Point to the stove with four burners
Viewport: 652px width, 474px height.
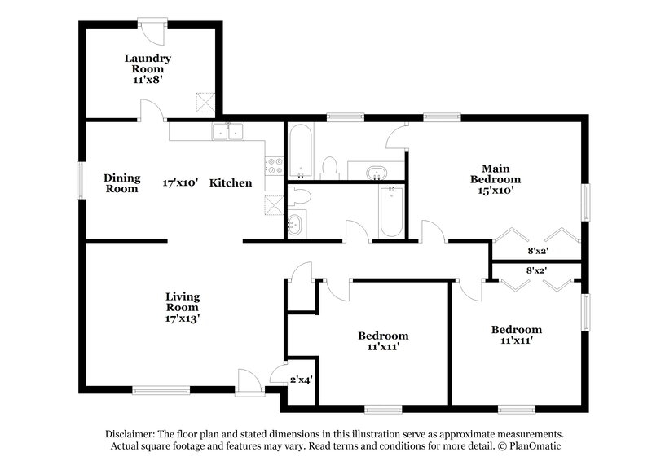[x=276, y=165]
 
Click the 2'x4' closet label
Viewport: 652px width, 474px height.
[x=301, y=379]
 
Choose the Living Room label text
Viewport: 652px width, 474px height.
[x=183, y=301]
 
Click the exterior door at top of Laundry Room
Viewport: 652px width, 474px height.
[x=152, y=30]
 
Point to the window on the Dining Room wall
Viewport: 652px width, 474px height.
[x=81, y=179]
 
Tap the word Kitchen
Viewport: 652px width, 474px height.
[x=231, y=183]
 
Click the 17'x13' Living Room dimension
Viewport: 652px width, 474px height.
[x=183, y=318]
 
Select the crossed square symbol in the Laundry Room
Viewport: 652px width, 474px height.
[x=204, y=103]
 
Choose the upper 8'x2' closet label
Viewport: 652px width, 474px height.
[x=535, y=252]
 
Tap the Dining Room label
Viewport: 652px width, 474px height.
[x=122, y=183]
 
